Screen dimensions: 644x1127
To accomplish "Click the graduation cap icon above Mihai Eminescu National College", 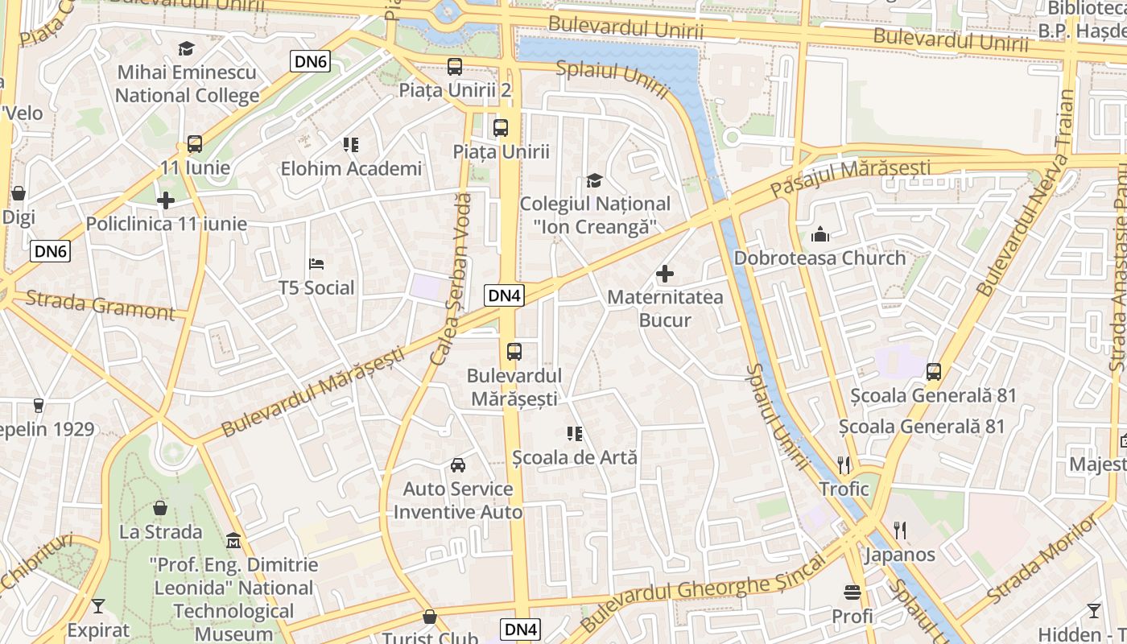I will pyautogui.click(x=187, y=49).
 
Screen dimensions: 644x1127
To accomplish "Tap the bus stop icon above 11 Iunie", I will pyautogui.click(x=195, y=144).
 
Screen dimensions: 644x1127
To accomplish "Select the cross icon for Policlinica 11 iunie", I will pyautogui.click(x=166, y=200).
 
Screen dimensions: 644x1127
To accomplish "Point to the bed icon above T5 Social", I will pyautogui.click(x=316, y=264).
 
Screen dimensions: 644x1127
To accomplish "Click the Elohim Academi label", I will pyautogui.click(x=351, y=169).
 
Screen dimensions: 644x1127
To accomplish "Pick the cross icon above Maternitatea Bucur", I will pyautogui.click(x=665, y=274).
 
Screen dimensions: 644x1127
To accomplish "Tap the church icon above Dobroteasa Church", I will pyautogui.click(x=820, y=234).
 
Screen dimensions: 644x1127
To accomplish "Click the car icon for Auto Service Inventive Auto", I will pyautogui.click(x=458, y=464).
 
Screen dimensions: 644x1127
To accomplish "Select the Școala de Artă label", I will pyautogui.click(x=575, y=457).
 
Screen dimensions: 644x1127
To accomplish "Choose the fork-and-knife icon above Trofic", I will pyautogui.click(x=844, y=464).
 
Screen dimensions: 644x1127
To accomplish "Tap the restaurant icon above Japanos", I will pyautogui.click(x=900, y=530).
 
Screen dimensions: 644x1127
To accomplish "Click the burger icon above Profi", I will pyautogui.click(x=852, y=592).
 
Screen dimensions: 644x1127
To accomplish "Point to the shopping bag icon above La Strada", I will pyautogui.click(x=161, y=508).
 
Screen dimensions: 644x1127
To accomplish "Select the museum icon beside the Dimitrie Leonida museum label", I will pyautogui.click(x=233, y=539).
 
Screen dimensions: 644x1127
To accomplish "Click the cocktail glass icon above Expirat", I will pyautogui.click(x=98, y=606).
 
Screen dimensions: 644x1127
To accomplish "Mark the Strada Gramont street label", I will pyautogui.click(x=100, y=305).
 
